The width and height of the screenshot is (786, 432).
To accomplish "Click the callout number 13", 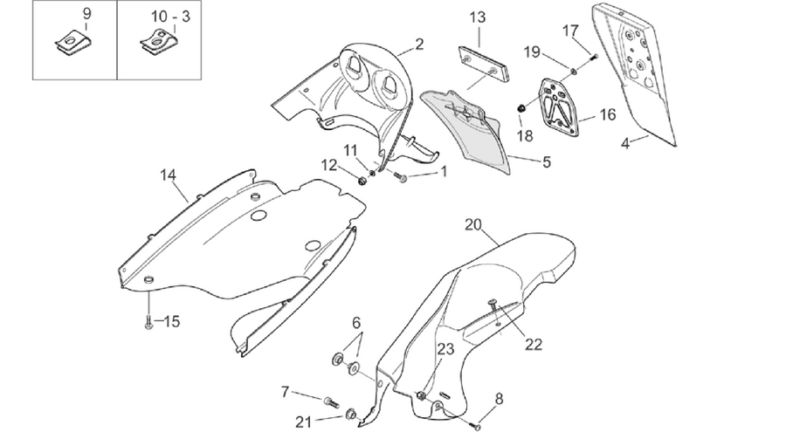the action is (478, 17).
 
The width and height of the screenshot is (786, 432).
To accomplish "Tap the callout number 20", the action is (473, 224).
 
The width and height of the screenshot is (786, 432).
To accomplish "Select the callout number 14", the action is (169, 175).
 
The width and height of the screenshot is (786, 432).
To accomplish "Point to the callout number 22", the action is (534, 345).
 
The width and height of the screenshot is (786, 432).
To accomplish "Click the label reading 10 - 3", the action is (171, 17).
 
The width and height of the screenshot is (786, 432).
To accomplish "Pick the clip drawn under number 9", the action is (70, 42).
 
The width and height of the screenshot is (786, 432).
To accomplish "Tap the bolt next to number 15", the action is (148, 323).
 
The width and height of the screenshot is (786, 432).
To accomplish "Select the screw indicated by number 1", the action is (400, 176).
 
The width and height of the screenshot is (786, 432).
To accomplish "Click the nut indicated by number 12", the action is (362, 180).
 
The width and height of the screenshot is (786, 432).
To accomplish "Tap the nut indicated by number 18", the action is (521, 107).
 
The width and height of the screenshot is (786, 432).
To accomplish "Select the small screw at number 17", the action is (594, 57).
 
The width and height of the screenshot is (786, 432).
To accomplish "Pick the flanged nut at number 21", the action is (351, 415).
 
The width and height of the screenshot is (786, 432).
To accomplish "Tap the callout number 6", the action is (356, 323).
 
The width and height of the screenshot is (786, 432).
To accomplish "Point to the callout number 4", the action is (624, 144).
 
